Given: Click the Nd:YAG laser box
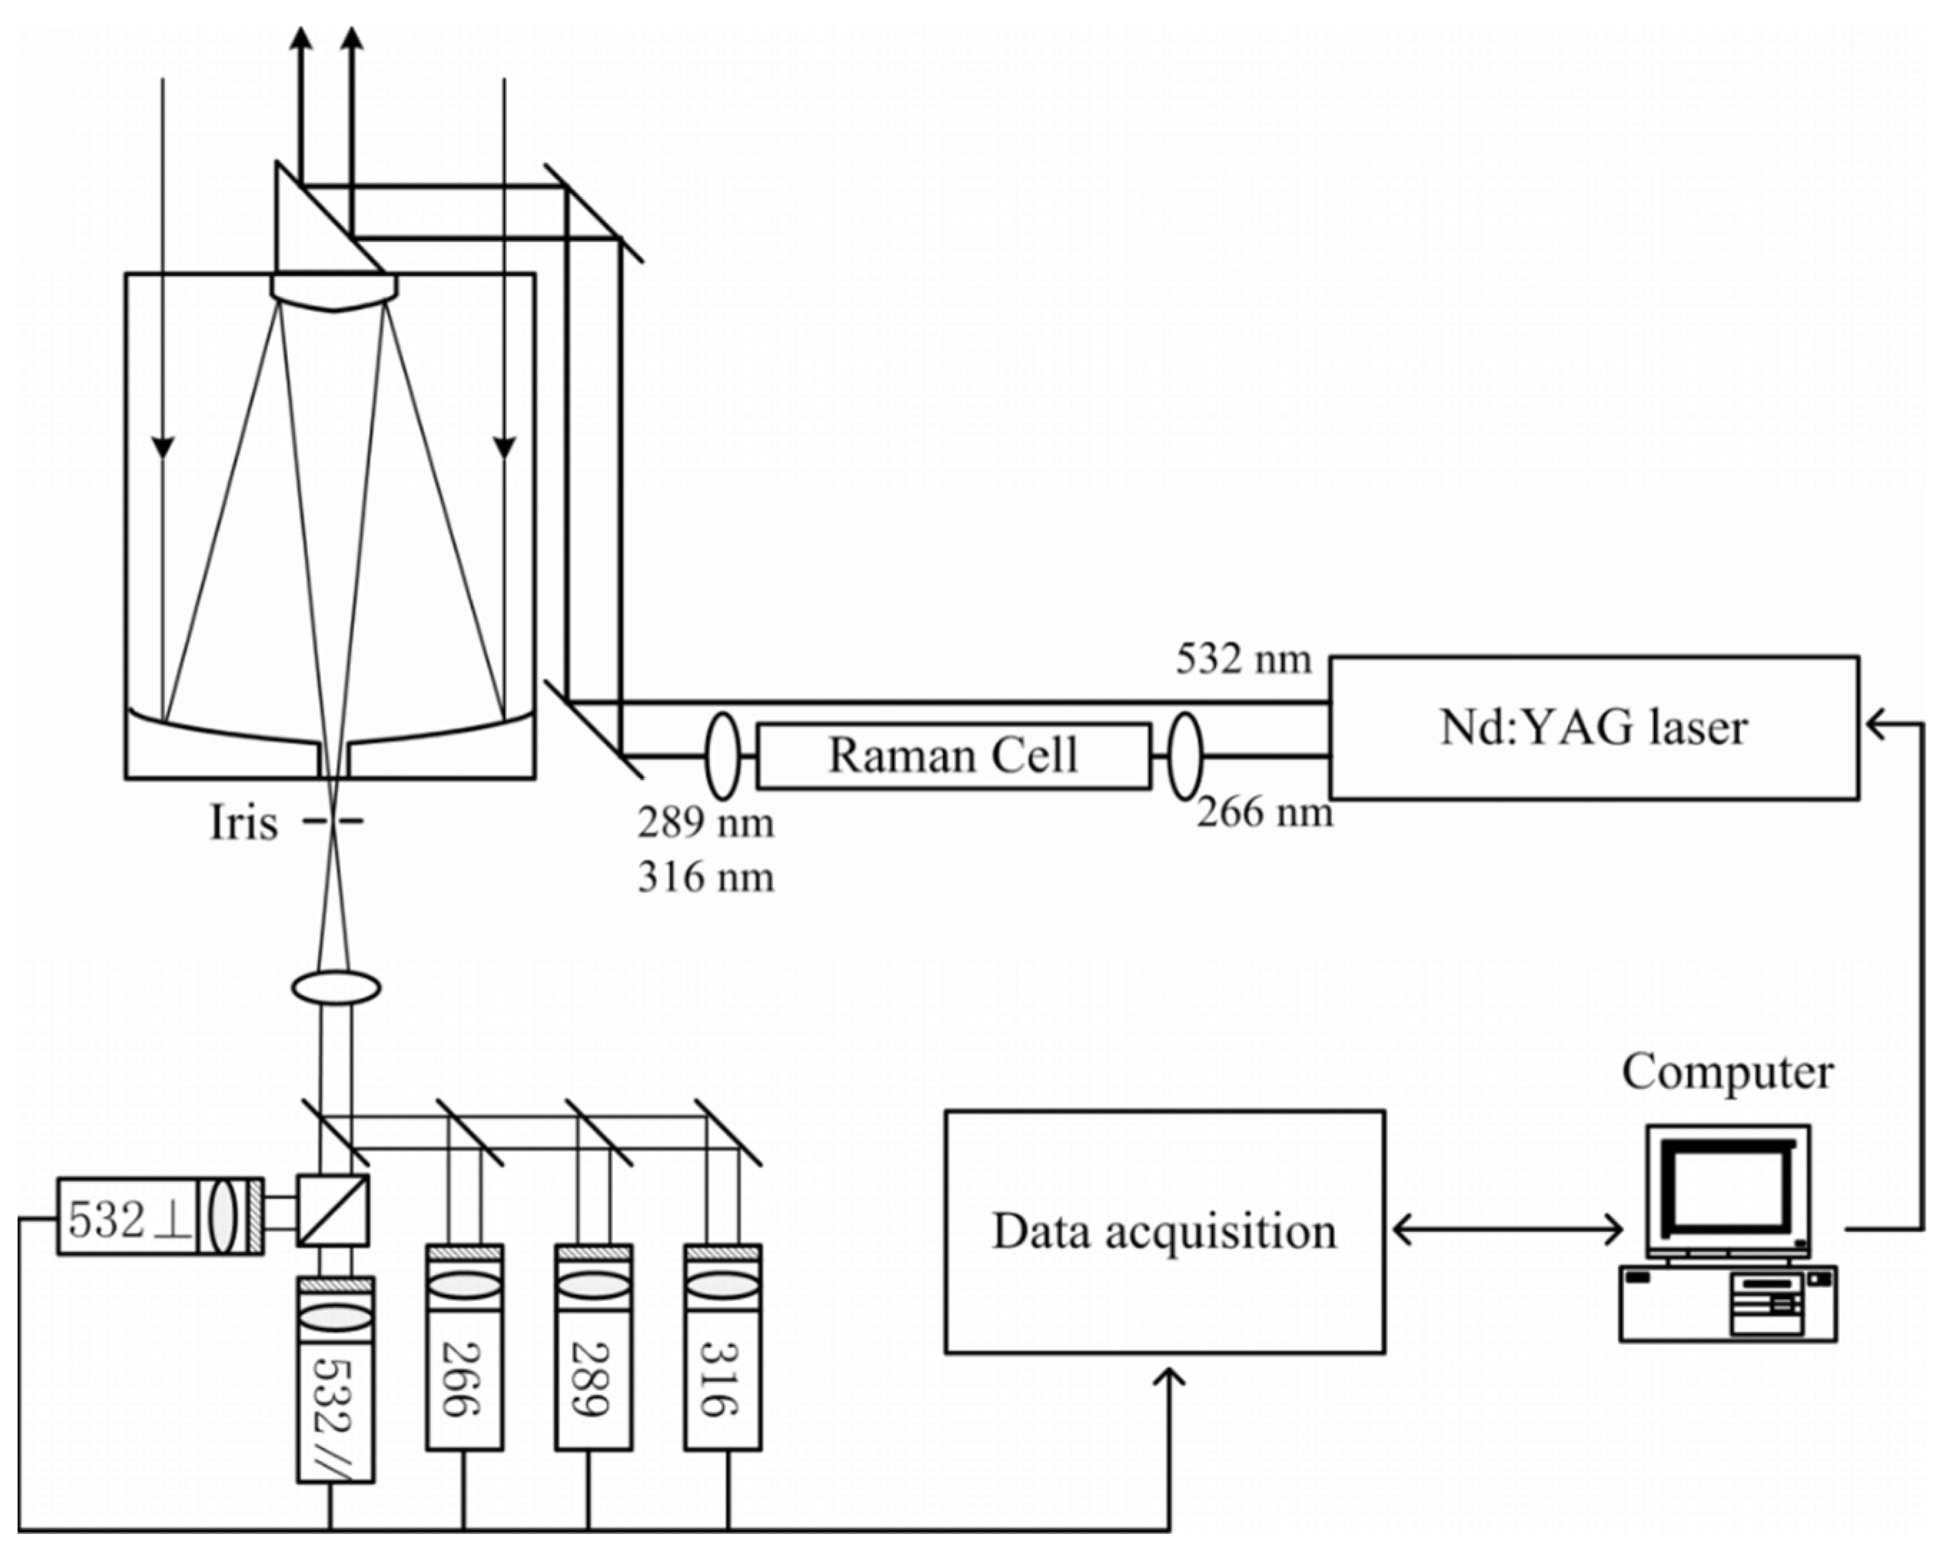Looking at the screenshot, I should click(1594, 727).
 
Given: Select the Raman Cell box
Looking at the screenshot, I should click(953, 755).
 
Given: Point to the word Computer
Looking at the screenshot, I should click(1727, 1073).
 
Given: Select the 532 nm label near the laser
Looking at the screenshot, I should click(1243, 659).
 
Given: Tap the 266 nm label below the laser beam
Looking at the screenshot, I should click(1264, 812).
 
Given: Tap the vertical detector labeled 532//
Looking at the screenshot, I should click(335, 1411).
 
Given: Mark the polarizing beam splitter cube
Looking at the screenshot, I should click(333, 1210).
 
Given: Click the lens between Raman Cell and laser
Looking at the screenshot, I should click(1185, 755).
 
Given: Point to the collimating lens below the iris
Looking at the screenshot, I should click(335, 987).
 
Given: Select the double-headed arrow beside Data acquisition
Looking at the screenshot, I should click(1507, 1229).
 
